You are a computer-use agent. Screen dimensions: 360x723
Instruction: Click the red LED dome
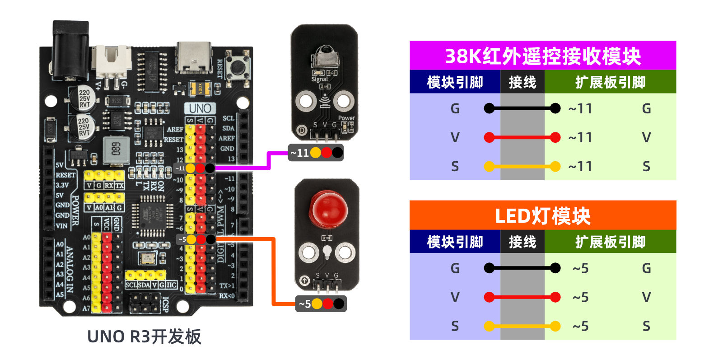[x=328, y=209]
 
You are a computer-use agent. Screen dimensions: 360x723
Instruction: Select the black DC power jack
[x=70, y=50]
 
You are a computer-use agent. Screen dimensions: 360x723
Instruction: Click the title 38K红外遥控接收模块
[x=543, y=56]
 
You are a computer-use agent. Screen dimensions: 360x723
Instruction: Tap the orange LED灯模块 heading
[x=543, y=216]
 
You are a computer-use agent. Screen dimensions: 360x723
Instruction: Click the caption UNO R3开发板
[x=144, y=337]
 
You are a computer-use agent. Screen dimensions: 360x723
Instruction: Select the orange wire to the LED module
[x=273, y=271]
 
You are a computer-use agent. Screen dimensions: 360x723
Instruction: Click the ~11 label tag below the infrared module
[x=316, y=153]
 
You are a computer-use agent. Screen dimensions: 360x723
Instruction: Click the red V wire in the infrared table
[x=522, y=137]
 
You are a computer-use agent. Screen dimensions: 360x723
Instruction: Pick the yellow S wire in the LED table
[x=522, y=326]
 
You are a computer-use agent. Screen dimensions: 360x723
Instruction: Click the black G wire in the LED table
[x=522, y=268]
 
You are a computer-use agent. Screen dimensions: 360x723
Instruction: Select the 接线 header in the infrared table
[x=522, y=82]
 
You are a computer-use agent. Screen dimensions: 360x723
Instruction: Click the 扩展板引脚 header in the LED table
[x=610, y=242]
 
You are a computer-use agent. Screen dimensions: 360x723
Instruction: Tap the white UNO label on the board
[x=200, y=108]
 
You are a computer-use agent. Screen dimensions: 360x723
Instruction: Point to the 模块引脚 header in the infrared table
[x=455, y=82]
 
